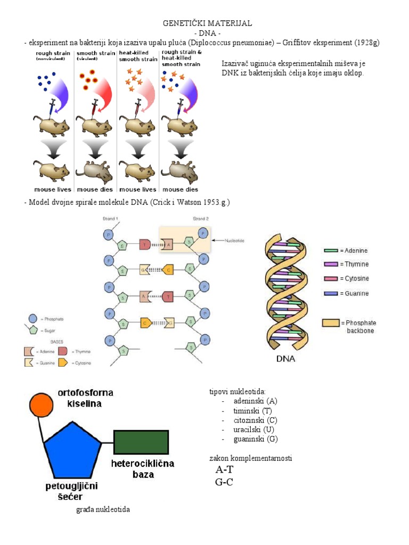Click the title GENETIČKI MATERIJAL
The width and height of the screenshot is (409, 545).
coord(207,23)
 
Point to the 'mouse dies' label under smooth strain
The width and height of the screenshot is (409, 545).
coord(95,189)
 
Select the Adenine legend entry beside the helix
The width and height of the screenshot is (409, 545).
coord(346,250)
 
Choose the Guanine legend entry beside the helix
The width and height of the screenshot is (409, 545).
coord(346,293)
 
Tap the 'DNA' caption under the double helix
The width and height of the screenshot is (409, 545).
coord(285,359)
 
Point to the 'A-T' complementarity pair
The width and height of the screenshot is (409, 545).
coord(224,470)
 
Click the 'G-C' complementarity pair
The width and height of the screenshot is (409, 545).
coord(224,482)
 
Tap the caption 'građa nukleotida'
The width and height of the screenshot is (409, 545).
coord(103,510)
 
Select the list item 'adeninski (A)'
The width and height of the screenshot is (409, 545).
coord(255,401)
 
